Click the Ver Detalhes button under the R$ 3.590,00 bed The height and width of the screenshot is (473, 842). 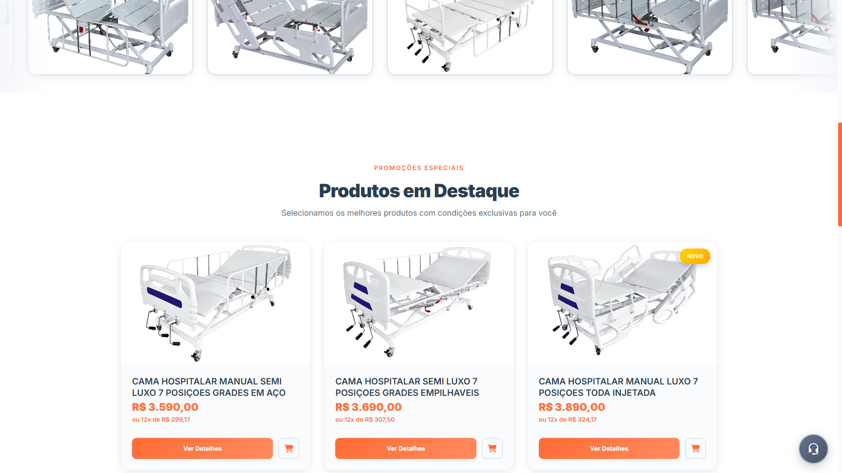[x=202, y=448]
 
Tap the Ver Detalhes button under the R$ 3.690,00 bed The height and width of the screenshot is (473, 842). [x=405, y=448]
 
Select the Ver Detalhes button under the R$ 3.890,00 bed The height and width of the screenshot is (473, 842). [x=609, y=448]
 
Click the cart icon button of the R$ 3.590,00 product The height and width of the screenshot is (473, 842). [x=289, y=448]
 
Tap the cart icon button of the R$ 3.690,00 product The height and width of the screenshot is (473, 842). [x=492, y=448]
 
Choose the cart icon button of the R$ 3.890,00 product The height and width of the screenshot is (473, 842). [x=695, y=448]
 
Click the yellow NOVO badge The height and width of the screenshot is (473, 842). [x=695, y=256]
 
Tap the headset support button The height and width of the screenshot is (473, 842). [x=813, y=449]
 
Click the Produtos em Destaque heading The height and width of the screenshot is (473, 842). [x=419, y=191]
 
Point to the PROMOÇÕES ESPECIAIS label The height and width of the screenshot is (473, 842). [x=419, y=168]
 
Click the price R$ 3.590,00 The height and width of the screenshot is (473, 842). [x=165, y=407]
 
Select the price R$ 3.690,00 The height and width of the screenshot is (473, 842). [x=368, y=407]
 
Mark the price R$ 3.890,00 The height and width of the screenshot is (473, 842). [x=572, y=407]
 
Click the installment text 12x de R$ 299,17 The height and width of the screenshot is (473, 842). [x=161, y=420]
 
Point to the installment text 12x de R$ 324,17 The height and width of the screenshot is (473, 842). [x=567, y=420]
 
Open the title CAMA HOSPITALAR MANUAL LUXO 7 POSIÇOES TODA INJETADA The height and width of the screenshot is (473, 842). [x=618, y=387]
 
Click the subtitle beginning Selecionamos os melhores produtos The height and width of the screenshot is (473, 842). [x=419, y=213]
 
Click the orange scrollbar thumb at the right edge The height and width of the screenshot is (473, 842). [x=839, y=174]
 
